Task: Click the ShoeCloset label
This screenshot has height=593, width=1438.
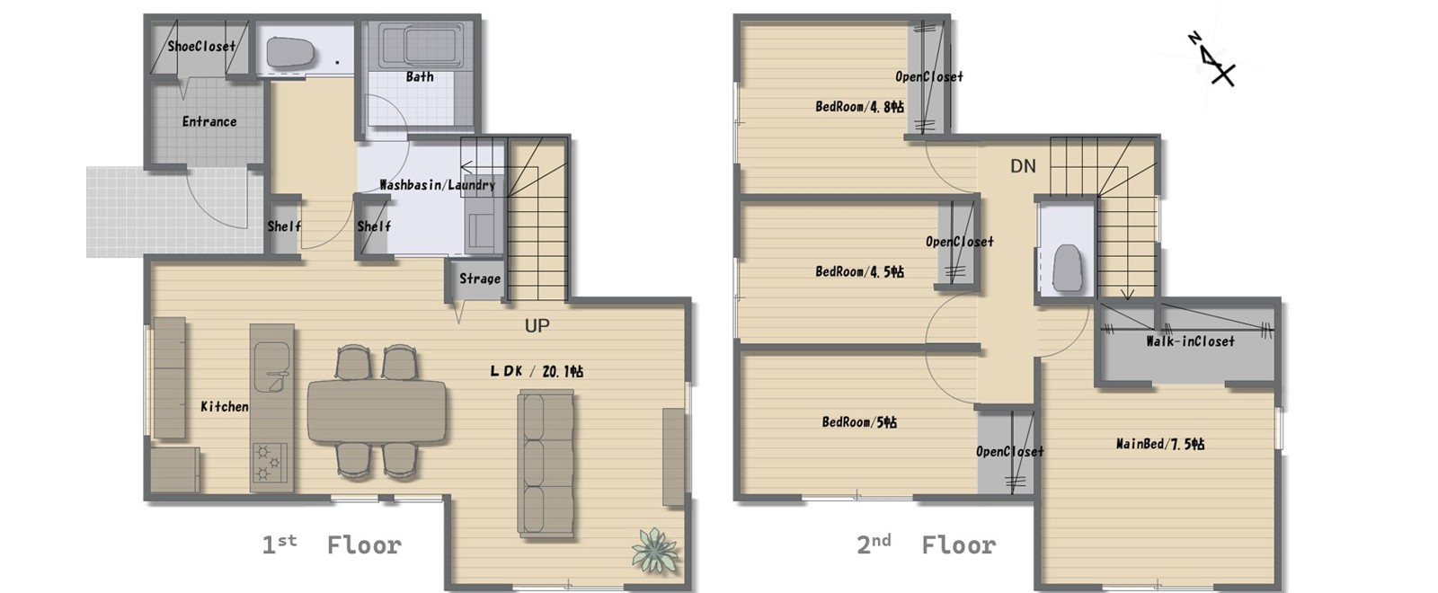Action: [201, 46]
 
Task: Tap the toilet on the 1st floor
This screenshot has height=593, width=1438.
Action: [291, 53]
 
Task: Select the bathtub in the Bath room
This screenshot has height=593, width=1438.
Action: [421, 46]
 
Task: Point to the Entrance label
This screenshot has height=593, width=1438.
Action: [209, 121]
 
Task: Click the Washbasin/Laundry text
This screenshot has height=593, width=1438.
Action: [437, 185]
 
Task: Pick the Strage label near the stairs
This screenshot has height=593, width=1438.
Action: [480, 279]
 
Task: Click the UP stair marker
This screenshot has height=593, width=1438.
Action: [537, 326]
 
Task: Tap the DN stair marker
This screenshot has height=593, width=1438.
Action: [1023, 166]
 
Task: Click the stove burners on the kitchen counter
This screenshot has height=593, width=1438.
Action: [270, 462]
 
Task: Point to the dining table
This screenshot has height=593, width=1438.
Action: [377, 412]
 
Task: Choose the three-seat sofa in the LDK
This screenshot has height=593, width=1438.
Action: [546, 465]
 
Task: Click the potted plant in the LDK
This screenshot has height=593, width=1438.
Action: [654, 550]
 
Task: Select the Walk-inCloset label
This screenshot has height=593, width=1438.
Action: [1190, 341]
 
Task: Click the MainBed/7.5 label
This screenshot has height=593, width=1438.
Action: [1160, 444]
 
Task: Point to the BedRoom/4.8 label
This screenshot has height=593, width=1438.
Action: [859, 107]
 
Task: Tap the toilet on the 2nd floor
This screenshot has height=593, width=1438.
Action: [1067, 265]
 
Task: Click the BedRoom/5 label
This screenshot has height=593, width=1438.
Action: [859, 421]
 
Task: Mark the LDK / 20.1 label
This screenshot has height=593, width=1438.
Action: [537, 371]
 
